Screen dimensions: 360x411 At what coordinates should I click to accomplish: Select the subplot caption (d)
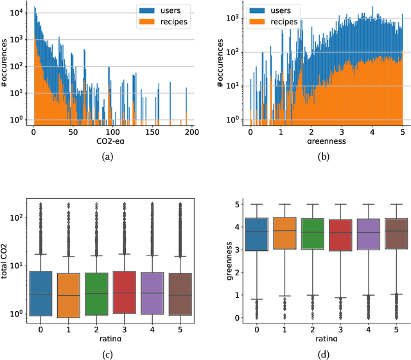click(x=327, y=352)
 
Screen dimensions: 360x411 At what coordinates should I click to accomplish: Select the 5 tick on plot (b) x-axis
click(x=402, y=131)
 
